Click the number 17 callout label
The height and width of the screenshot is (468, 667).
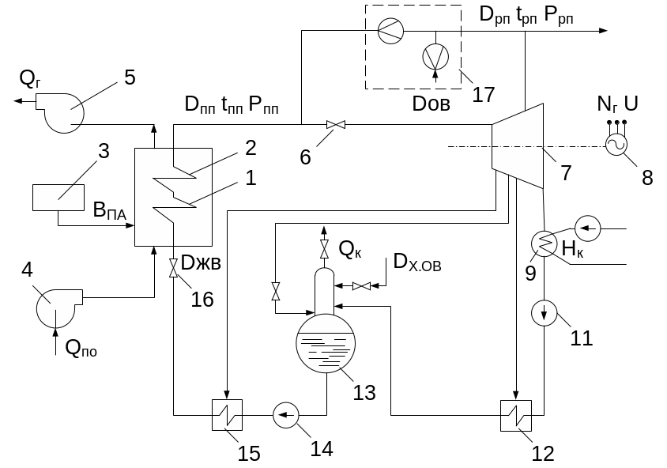pos(484,94)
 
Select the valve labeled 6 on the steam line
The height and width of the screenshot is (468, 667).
pos(336,125)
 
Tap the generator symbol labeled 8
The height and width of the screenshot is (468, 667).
pos(616,145)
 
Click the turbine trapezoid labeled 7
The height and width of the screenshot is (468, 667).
pos(518,146)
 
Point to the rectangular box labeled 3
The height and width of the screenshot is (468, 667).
pos(58,198)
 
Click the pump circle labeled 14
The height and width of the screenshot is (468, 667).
pos(286,415)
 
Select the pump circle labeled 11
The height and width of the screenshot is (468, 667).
pos(544,313)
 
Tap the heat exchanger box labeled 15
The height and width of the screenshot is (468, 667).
pos(227,415)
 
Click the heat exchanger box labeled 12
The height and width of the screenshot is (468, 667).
pos(516,416)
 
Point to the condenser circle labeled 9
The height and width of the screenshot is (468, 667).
pos(544,243)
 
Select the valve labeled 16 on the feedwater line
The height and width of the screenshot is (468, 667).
pos(173,268)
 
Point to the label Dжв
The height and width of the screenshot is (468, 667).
pos(201,263)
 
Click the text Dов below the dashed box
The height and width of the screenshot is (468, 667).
pos(431,104)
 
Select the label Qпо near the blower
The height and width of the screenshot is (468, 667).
pos(81,349)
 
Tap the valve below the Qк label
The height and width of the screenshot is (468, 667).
pos(324,249)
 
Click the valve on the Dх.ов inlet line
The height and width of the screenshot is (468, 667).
pos(362,286)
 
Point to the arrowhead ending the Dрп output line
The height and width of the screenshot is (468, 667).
pos(603,31)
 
